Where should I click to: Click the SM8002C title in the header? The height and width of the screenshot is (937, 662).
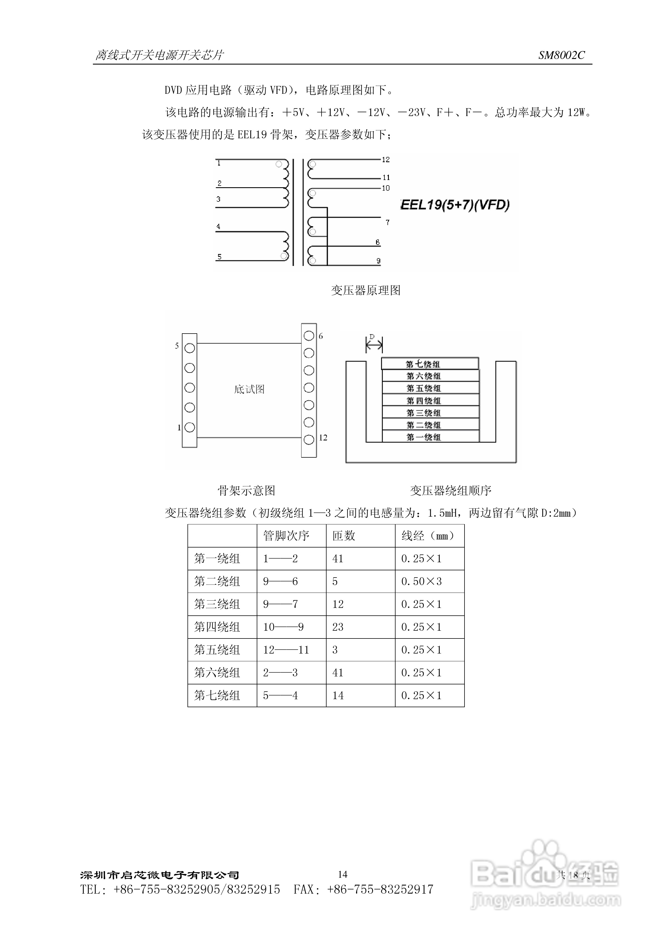tap(561, 55)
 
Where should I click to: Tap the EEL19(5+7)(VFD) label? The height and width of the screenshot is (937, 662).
tap(455, 204)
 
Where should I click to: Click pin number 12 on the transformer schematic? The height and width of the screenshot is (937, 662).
tap(386, 160)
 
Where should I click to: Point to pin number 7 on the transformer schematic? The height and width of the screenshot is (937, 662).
tap(387, 222)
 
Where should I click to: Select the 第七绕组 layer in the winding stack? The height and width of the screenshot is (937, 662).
tap(430, 364)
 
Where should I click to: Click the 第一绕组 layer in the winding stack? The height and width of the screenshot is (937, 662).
tap(430, 437)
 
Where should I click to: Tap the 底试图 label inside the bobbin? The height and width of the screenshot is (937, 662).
tap(249, 389)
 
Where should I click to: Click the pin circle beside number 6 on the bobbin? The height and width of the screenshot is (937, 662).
tap(309, 336)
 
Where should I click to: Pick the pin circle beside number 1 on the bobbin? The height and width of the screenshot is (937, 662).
tap(189, 427)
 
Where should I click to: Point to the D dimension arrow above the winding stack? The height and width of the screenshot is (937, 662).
tap(374, 346)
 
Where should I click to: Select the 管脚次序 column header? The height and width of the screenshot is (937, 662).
tap(286, 536)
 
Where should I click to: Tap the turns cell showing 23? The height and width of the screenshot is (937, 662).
tap(338, 627)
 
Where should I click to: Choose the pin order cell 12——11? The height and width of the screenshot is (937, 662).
tap(286, 650)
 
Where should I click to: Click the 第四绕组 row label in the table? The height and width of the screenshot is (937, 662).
tap(217, 627)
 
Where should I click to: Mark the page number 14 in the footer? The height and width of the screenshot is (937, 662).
tap(342, 874)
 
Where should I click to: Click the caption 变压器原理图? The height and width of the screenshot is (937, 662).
tap(366, 290)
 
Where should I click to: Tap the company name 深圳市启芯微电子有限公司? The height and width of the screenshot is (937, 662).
tap(160, 875)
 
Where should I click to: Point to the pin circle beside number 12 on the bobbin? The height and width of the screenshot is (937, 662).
tap(309, 440)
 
